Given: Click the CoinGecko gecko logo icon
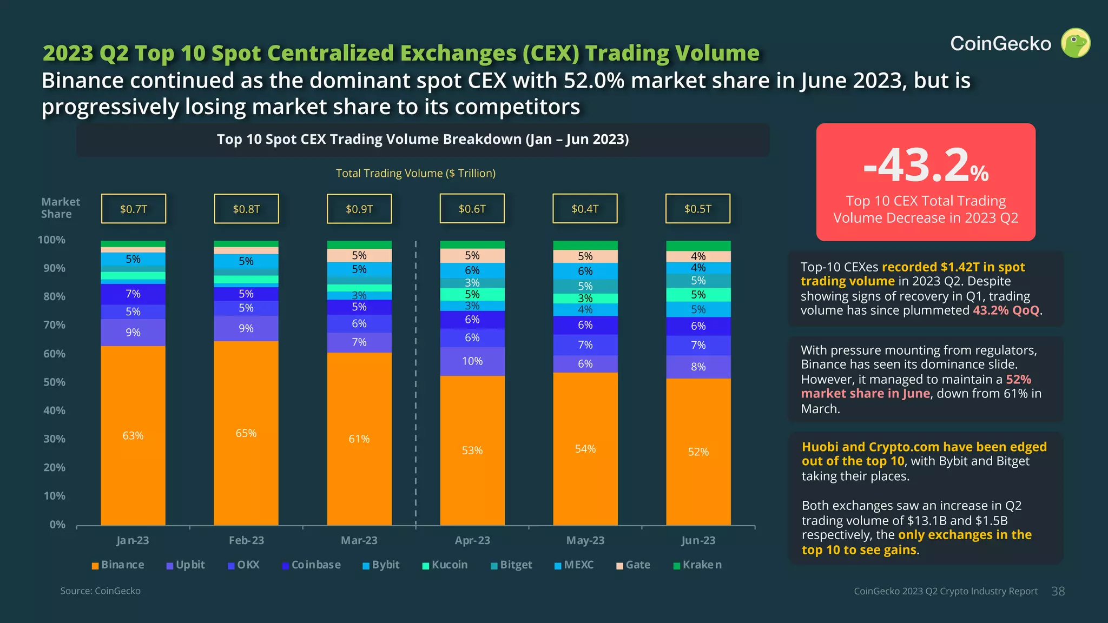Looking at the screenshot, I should pos(1075,43).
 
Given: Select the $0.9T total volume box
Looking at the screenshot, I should pos(359,209).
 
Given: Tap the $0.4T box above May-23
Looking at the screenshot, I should pos(585,209).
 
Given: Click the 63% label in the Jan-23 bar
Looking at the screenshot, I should pos(133,436).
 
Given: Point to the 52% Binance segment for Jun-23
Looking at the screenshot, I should pos(698,452).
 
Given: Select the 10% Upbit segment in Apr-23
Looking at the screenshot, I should pos(472,361).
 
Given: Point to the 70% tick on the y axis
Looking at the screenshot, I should pos(54,325).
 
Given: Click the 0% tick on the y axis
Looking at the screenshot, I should pos(57,525).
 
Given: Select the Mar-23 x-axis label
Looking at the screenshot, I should pos(359,540).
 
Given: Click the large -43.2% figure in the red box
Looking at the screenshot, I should pos(926,165).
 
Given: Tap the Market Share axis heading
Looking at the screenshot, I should pos(60,208).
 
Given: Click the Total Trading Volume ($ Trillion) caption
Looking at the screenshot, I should pos(415,173).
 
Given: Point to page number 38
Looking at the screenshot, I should pos(1058,591).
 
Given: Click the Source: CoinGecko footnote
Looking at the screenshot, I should pos(100,591).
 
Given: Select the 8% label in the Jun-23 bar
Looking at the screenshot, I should pos(698,367).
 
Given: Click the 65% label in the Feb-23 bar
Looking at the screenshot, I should pos(246,433).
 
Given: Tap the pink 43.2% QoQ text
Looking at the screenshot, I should pos(1006,310).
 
